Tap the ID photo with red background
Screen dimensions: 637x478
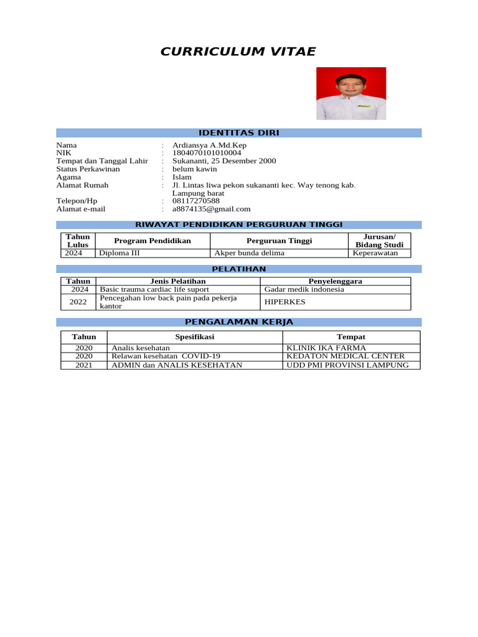point(351,93)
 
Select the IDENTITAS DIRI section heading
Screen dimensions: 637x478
point(238,133)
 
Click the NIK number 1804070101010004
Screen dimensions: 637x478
point(207,153)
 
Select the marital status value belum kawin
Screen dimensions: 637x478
point(195,169)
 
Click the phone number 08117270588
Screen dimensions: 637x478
point(196,201)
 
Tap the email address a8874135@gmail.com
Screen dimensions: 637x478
point(212,209)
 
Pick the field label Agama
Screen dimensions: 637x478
point(68,177)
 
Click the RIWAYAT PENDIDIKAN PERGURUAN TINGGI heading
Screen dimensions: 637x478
point(238,225)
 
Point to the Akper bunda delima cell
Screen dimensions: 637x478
point(249,253)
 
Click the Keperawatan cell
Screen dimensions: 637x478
point(375,253)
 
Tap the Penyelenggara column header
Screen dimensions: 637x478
point(335,281)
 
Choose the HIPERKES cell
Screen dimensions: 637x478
point(285,302)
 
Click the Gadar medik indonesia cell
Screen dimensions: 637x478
point(304,289)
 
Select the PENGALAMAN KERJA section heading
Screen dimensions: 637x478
point(238,322)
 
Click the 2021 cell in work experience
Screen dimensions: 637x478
point(83,365)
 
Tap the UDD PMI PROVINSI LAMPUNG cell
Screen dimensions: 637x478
point(347,365)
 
